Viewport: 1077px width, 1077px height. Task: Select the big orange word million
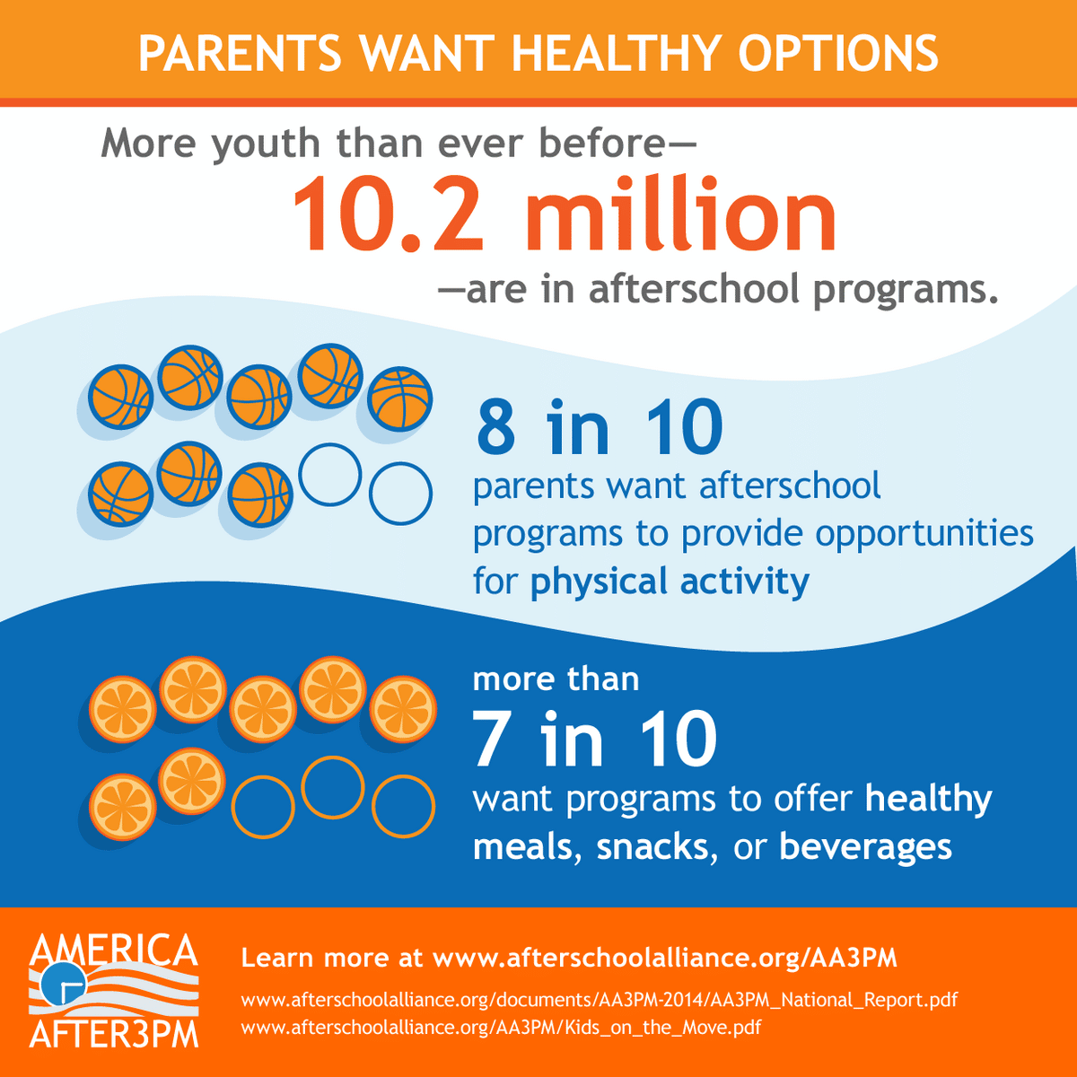(x=687, y=216)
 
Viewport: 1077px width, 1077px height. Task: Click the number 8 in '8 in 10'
(x=496, y=428)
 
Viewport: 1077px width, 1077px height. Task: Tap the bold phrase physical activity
(x=670, y=581)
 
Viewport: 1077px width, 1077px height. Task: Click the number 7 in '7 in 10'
(x=491, y=740)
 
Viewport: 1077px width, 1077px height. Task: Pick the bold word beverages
(x=865, y=846)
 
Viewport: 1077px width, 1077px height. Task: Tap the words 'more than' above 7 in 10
(x=556, y=679)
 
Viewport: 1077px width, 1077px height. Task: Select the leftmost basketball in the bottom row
(x=120, y=494)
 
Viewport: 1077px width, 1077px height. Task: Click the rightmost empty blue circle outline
(x=400, y=494)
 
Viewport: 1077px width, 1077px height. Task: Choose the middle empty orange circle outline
(x=332, y=788)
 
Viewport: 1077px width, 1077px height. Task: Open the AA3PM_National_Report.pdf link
(x=600, y=1000)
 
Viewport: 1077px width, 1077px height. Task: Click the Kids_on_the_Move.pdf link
(x=501, y=1027)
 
